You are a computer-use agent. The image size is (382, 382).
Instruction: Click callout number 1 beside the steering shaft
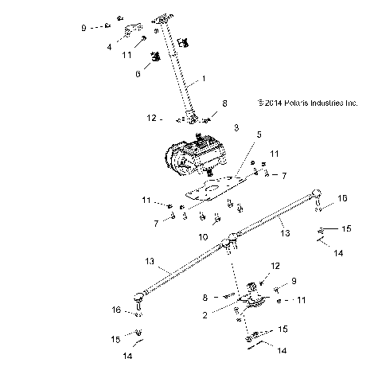pos(204,79)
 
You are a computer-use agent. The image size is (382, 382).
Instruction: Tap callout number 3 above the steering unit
pos(236,127)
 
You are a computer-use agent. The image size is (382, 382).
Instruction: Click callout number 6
pos(137,72)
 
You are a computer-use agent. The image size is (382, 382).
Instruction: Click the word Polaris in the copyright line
pos(297,103)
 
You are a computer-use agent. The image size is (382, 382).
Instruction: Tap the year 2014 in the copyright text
pos(271,103)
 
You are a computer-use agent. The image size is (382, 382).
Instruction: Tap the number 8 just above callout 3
pos(224,103)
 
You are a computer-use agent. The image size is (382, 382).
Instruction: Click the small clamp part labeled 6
pos(156,58)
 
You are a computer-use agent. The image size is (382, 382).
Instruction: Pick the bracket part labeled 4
pos(132,31)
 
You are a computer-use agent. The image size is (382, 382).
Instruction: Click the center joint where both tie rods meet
pos(232,236)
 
